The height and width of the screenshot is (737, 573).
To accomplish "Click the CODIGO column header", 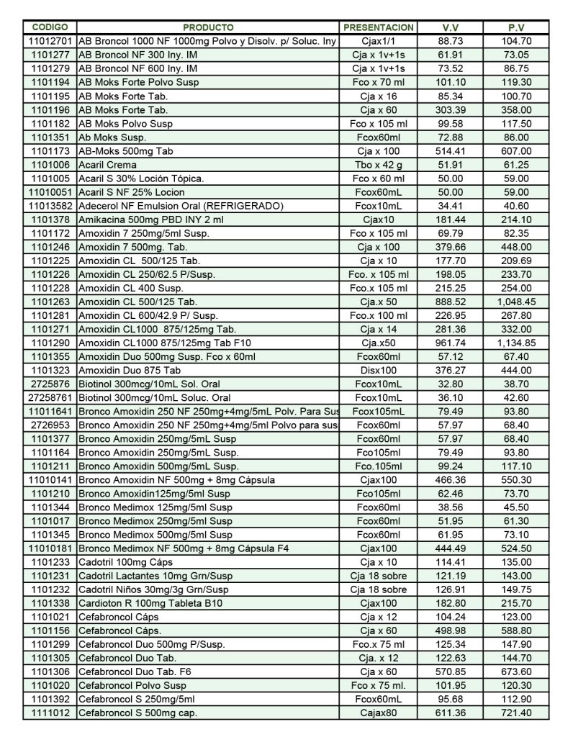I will [x=50, y=27].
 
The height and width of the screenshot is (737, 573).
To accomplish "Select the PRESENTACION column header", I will [x=379, y=27].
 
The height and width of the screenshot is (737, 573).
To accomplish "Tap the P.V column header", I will [x=516, y=27].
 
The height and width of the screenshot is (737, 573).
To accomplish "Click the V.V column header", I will [x=451, y=27].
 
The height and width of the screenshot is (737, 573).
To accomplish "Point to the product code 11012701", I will [x=50, y=41].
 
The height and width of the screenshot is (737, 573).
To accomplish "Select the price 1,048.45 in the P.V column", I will [x=516, y=302].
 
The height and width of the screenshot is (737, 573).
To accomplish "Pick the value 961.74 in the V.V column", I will [x=451, y=343].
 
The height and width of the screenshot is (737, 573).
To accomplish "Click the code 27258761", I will [x=50, y=397].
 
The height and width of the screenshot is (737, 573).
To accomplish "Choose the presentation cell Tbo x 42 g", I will [x=379, y=165].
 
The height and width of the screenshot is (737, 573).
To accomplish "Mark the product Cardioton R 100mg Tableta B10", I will [x=154, y=603].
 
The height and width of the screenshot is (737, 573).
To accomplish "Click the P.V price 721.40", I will [x=516, y=713].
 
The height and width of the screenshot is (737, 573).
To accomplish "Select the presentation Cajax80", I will [x=379, y=713].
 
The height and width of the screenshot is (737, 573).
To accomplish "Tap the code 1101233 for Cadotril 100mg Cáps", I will [x=50, y=562].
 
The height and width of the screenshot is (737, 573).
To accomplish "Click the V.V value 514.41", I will [x=451, y=151].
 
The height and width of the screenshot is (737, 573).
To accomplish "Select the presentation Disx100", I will [x=379, y=370].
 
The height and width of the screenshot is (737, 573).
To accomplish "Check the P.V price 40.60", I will [x=516, y=206].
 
